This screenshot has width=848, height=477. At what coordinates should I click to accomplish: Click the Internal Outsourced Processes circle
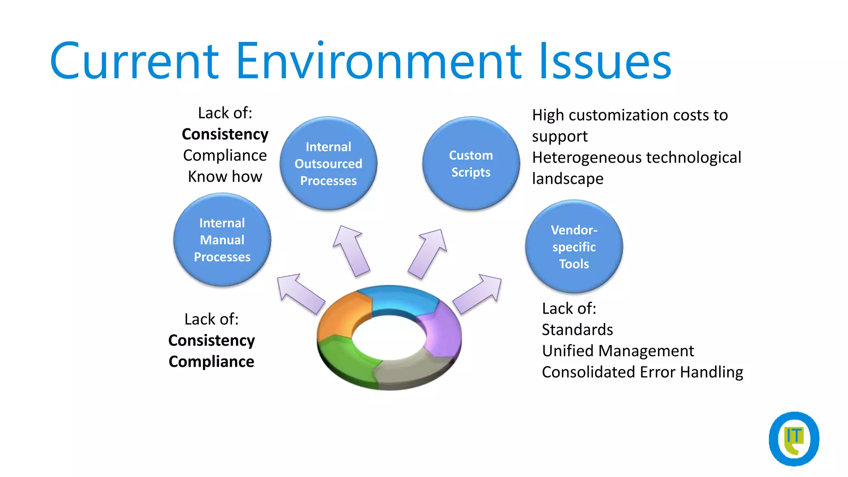[328, 164]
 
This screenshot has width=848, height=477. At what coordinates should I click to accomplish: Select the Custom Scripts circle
[471, 164]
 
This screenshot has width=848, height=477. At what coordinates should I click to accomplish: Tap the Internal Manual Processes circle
[222, 240]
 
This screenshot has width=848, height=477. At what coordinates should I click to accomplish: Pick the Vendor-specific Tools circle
[574, 247]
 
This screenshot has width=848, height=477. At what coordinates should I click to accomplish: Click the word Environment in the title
[378, 61]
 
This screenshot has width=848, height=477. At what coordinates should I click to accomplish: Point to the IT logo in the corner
[794, 438]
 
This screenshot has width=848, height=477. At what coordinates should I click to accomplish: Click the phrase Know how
[225, 177]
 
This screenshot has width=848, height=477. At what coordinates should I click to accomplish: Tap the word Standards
[577, 330]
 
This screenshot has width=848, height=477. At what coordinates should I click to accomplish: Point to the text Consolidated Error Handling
[642, 372]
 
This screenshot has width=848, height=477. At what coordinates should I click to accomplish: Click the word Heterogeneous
[587, 158]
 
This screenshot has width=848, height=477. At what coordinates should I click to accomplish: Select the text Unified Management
[618, 351]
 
